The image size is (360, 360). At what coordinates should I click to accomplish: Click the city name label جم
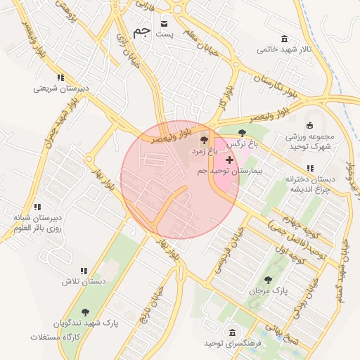[x=140, y=33]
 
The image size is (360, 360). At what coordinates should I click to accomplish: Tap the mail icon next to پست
[x=165, y=22]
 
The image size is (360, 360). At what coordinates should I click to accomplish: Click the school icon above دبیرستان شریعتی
[x=61, y=77]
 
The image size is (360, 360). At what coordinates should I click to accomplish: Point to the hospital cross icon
[x=229, y=160]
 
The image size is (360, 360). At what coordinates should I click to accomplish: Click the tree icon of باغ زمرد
[x=205, y=141]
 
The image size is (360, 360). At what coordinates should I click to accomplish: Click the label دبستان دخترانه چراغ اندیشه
[x=310, y=184]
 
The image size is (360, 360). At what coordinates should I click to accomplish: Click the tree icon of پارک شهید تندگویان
[x=85, y=312]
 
